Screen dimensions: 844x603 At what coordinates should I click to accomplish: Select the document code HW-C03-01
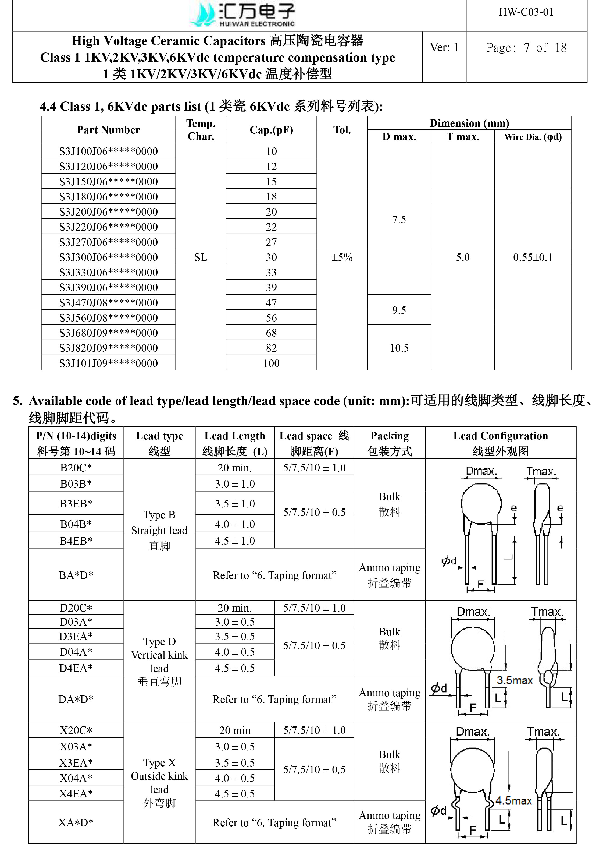coord(526,12)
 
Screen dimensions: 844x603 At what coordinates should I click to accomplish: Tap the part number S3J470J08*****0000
coord(108,302)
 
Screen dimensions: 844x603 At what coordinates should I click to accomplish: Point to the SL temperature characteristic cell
coord(201,257)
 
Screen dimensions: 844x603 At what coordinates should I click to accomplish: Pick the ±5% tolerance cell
coord(342,257)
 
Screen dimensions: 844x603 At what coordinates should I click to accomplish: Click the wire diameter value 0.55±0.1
coord(533,257)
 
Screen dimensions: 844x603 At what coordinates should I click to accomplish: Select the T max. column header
coord(463,137)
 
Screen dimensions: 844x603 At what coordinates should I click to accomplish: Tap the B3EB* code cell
coord(76,504)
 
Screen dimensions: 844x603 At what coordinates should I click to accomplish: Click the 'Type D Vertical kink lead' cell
coord(159,662)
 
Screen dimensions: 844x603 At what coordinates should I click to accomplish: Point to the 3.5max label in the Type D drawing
coord(515,680)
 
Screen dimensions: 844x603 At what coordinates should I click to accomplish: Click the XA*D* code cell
coord(76,822)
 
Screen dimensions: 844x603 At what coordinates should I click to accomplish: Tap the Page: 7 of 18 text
coord(526,48)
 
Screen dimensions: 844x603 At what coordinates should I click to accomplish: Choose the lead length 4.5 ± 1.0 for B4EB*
coord(235,541)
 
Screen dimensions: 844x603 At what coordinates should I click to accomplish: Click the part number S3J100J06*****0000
coord(108,151)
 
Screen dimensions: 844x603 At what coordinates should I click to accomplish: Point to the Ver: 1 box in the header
coord(444,48)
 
